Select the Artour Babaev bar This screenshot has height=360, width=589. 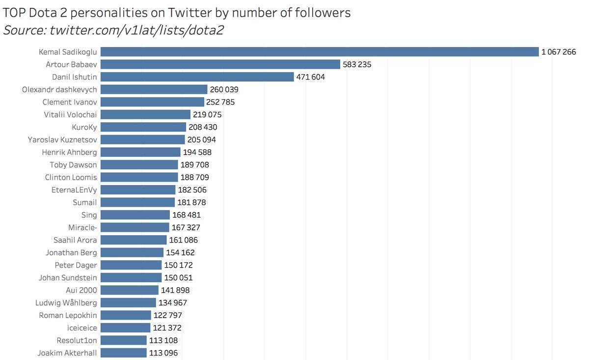pos(220,64)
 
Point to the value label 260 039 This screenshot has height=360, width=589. pos(224,89)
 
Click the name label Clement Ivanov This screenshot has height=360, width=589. pos(70,102)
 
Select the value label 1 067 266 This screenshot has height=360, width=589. pos(559,52)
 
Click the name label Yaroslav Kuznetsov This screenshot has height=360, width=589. pos(62,140)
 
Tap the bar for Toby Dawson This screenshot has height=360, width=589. pos(139,165)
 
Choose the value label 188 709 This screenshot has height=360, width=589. pos(195,177)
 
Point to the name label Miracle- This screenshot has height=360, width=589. pos(83,227)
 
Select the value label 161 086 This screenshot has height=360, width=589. pos(184,240)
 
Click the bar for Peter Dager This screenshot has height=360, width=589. pos(131,265)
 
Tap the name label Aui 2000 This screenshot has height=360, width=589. pos(81,290)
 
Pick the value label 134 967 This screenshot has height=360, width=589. pos(173,303)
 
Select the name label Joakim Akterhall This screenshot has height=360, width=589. pos(67,353)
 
